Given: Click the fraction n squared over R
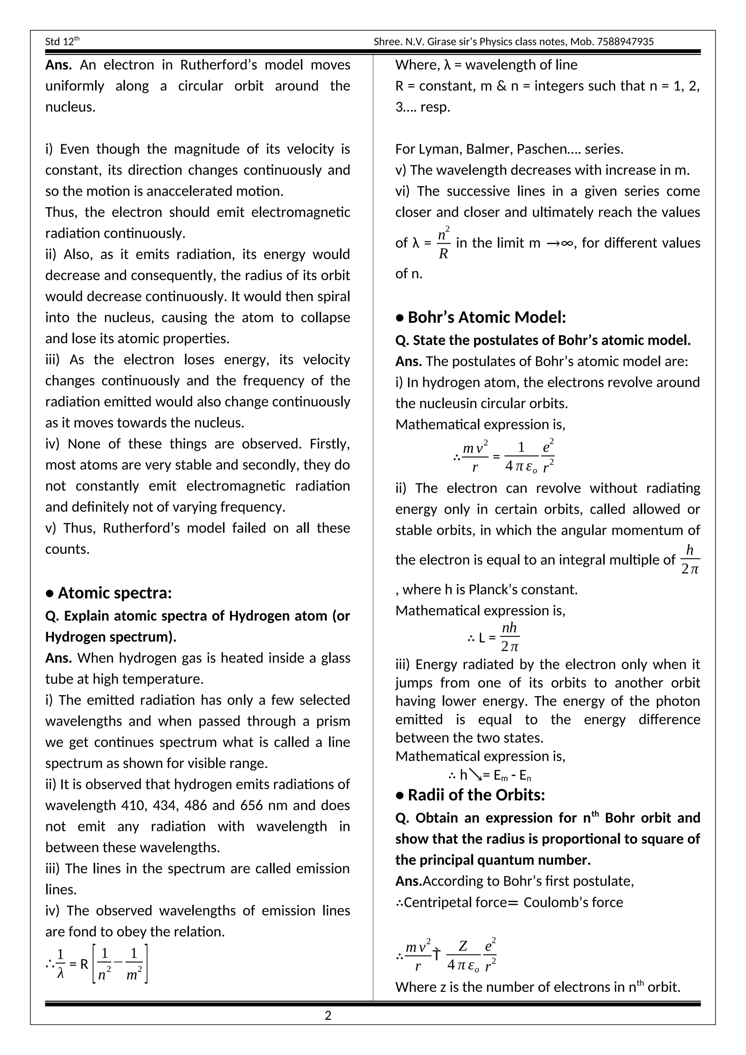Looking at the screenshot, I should click(x=443, y=243).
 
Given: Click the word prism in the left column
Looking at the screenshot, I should click(x=333, y=721).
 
